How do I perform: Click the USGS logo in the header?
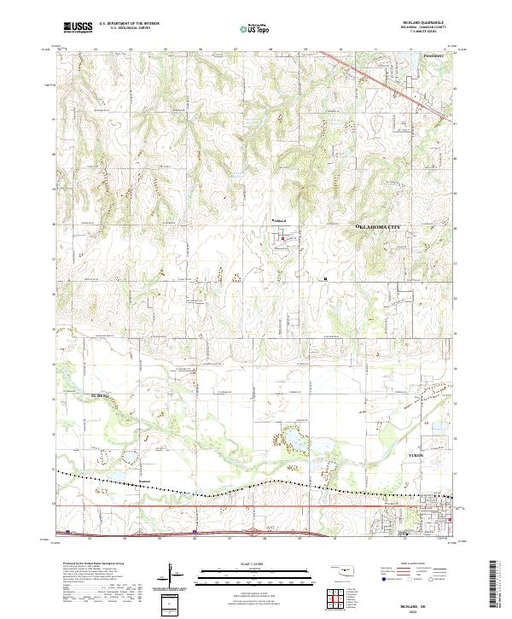pyautogui.click(x=78, y=27)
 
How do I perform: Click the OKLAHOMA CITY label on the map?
pyautogui.click(x=380, y=226)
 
